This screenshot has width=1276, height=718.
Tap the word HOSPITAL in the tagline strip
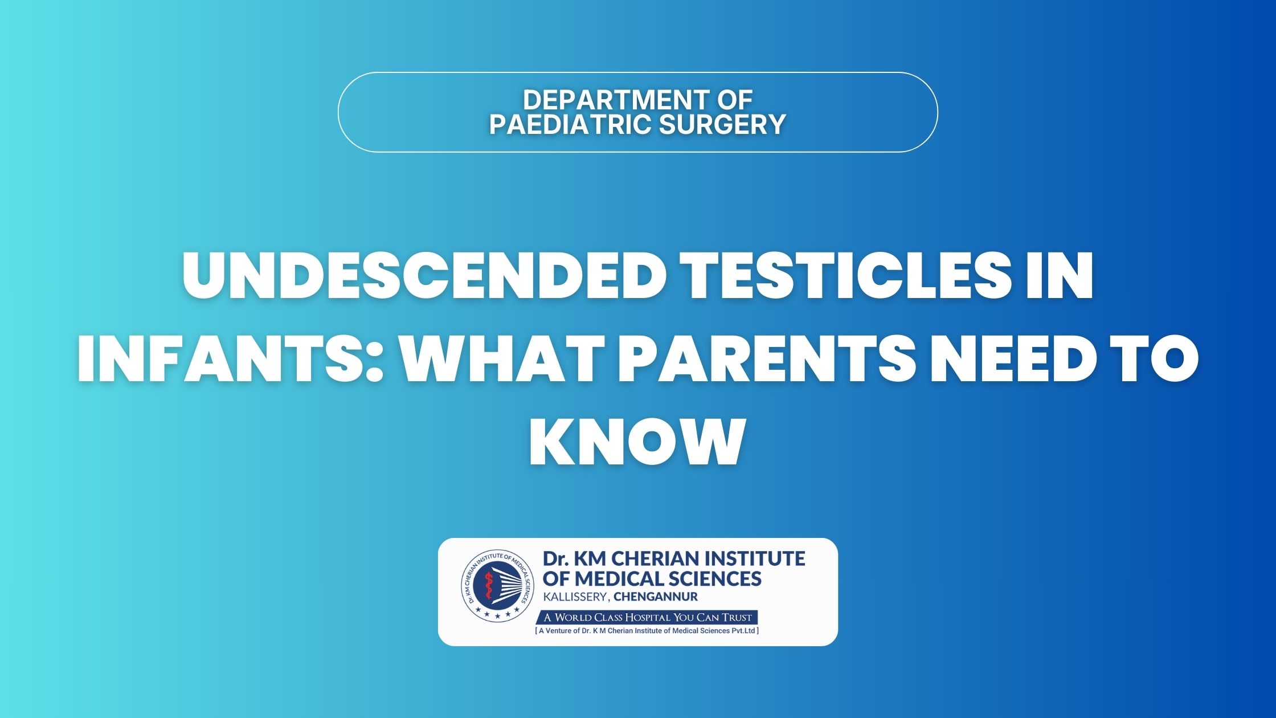pos(648,618)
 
